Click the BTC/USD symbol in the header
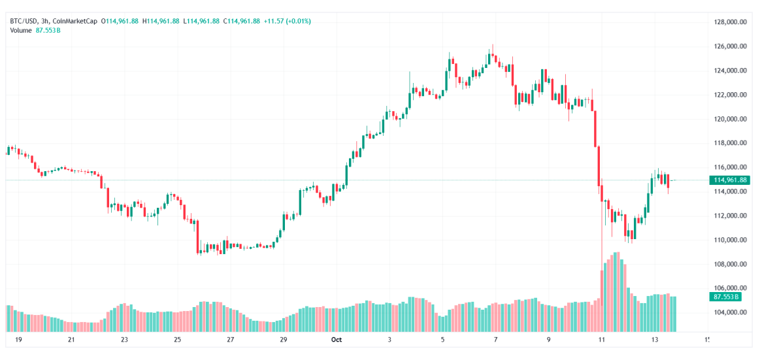23,21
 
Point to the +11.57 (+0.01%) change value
287,21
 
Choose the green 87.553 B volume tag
725,297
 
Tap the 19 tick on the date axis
18,340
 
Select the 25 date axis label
177,340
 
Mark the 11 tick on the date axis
601,340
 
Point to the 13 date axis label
654,340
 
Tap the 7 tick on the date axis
495,340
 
